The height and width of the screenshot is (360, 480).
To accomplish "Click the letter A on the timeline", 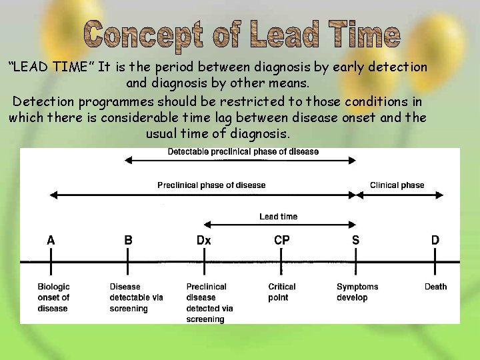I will (x=51, y=240).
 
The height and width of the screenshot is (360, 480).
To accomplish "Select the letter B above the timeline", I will (x=128, y=240).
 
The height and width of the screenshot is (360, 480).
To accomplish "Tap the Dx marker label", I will (x=204, y=240).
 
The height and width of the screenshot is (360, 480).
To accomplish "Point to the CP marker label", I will (x=282, y=240).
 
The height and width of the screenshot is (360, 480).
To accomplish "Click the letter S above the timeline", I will (x=355, y=240).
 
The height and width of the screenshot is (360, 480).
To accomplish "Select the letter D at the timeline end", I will (x=435, y=240).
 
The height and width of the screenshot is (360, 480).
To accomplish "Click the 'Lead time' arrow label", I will (x=278, y=217).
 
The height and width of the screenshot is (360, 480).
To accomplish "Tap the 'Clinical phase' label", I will (x=397, y=185).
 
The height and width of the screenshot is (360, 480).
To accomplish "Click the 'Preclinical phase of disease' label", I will (x=211, y=185).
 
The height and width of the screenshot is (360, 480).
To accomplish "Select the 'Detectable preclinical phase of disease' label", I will (x=243, y=152).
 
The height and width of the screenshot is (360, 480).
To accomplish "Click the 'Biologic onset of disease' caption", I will (x=53, y=297).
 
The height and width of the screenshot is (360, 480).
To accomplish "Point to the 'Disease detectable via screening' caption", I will (x=136, y=297).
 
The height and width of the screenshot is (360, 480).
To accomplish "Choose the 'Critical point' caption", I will (x=282, y=292).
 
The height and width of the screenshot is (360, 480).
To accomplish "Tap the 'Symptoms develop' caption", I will (x=357, y=292).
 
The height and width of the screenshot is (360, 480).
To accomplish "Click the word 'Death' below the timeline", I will (x=435, y=287).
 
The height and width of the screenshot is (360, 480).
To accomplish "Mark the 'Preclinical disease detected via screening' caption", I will (x=209, y=303).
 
